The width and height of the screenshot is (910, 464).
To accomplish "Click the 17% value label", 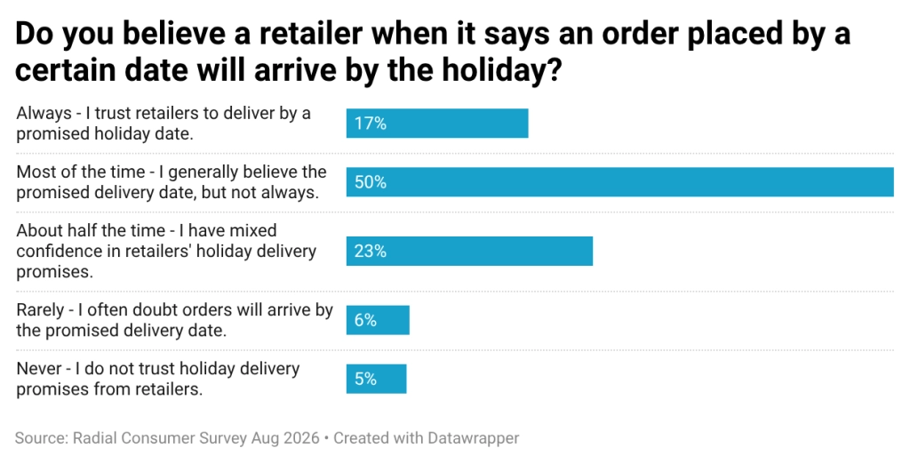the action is point(371,124).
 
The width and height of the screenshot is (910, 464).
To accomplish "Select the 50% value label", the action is point(371,181).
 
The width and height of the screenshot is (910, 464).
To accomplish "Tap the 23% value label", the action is point(371,251).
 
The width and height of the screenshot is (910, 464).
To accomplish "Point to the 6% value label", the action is point(365,320).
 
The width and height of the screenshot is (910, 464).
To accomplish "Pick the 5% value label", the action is point(365,379).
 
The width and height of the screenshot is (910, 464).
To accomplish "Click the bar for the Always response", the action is point(437,124).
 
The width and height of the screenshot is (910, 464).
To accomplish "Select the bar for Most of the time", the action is point(619,181).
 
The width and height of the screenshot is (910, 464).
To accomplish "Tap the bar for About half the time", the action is point(469,251).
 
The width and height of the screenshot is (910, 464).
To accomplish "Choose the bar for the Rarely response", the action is point(378,320).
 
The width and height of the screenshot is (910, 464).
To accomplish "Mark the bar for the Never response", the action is point(376,379).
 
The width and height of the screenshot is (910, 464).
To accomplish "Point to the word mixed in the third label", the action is point(253,230).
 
